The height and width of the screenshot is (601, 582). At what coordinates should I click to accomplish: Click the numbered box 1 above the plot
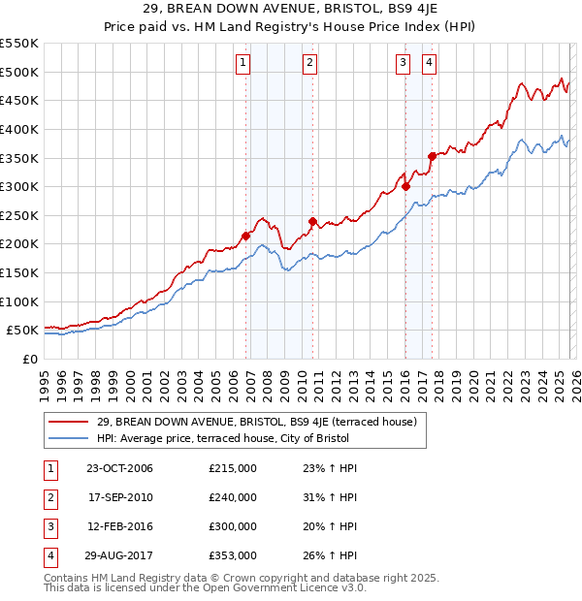(x=242, y=64)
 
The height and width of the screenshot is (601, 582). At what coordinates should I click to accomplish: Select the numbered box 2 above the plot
(x=308, y=64)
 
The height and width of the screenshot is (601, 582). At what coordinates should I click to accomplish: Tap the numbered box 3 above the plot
(x=402, y=64)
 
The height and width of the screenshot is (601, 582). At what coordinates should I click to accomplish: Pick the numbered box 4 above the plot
(x=428, y=64)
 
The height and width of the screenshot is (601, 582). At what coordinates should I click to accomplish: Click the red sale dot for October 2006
(x=246, y=236)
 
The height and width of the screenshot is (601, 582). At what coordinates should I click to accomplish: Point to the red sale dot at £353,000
(x=432, y=156)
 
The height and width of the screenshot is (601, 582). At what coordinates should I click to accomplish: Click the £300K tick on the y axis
(x=19, y=186)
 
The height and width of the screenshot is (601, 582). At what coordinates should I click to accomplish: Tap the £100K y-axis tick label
(x=19, y=301)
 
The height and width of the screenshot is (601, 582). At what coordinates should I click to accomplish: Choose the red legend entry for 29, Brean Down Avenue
(x=257, y=422)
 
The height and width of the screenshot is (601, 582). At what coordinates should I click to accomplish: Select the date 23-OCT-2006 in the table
(x=119, y=468)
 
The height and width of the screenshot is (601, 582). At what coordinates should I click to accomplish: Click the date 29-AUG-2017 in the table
(x=119, y=555)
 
